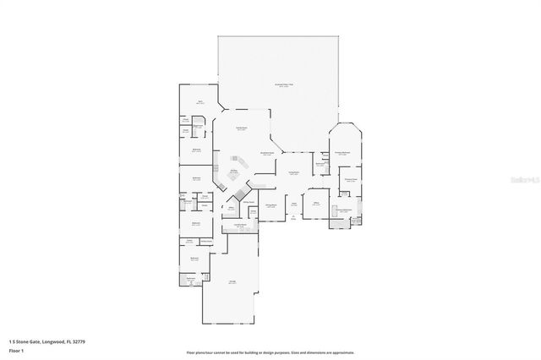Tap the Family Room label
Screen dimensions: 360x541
coord(241,129)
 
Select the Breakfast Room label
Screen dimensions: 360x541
coord(267,154)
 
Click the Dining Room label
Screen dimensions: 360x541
coord(272,205)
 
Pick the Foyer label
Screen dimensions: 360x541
coord(293,204)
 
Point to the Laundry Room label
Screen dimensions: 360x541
coord(240,225)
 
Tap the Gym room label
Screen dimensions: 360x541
coord(200,101)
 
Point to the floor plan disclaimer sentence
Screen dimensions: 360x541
coord(270,352)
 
